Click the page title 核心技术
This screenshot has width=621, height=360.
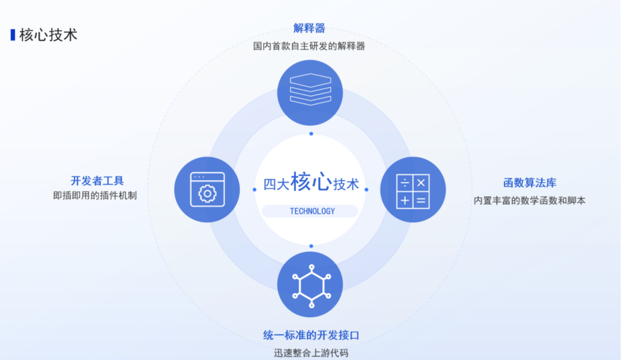coord(48,35)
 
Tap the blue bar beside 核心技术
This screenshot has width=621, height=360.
coord(13,35)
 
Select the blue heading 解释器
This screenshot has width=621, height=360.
coord(309,28)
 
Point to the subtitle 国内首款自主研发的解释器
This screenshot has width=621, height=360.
coord(309,46)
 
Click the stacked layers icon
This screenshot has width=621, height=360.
coord(310,90)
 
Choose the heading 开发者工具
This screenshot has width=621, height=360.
coord(97,181)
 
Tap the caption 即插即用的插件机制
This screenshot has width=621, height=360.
coord(95,195)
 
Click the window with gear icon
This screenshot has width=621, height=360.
coord(207,190)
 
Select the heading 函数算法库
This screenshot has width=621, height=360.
coord(530,183)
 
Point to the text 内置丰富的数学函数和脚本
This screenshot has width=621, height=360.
coord(529,201)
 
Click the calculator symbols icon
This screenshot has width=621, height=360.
coord(413,191)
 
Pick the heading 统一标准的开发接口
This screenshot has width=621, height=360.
coord(311,335)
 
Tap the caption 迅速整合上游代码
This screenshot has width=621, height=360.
coord(311,353)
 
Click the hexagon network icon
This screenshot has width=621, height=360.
coord(311,286)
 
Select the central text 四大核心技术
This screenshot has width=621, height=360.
coord(311,182)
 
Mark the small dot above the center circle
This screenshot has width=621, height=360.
coord(311,134)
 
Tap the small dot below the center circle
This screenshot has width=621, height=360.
coord(311,246)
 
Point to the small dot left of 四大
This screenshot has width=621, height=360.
coord(255,190)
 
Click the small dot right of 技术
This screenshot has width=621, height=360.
coord(366,190)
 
